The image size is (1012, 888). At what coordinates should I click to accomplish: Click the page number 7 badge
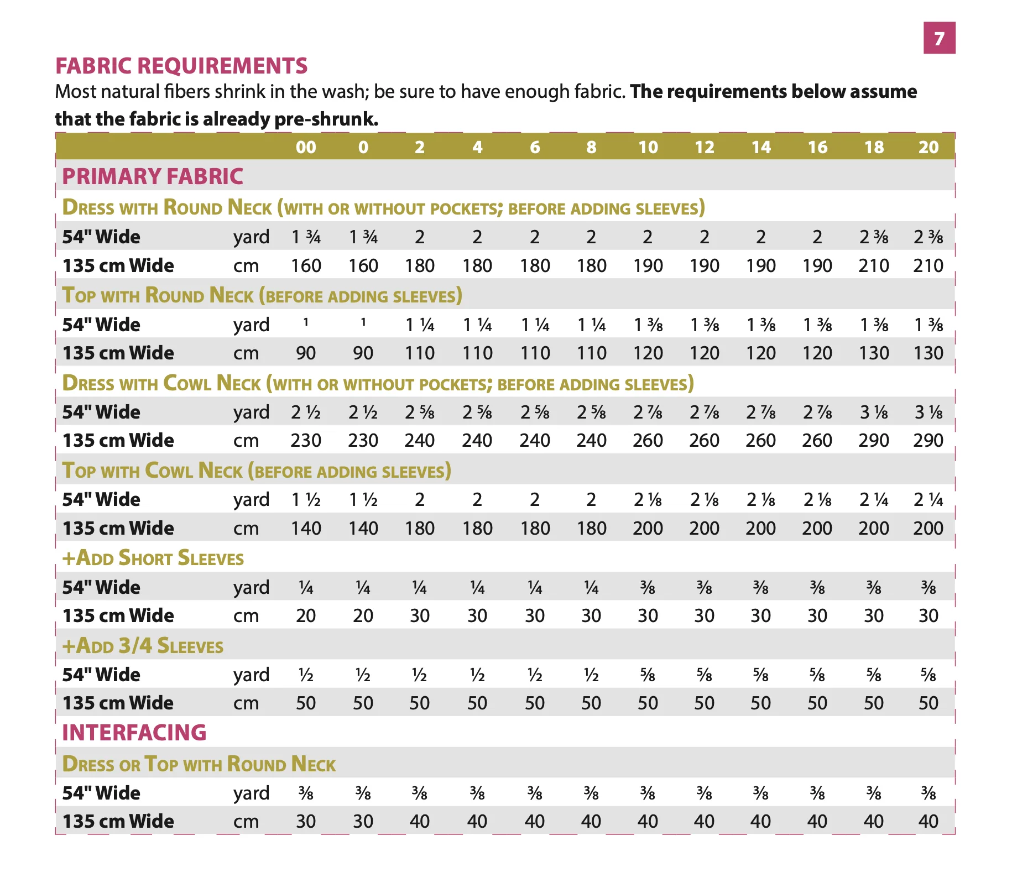939,38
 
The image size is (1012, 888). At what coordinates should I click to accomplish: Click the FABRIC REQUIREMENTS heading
181,66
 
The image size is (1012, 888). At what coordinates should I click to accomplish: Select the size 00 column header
306,147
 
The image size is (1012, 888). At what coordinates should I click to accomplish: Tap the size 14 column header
761,147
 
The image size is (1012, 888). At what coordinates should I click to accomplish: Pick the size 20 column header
928,147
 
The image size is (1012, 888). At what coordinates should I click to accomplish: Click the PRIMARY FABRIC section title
153,176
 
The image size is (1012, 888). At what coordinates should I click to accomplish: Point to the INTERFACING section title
134,733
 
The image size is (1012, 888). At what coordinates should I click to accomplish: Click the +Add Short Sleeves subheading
153,558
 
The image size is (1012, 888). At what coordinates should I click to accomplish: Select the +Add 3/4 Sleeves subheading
143,646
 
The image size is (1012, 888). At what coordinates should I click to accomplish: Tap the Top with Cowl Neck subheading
257,471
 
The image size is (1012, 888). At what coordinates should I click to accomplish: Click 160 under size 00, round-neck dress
306,265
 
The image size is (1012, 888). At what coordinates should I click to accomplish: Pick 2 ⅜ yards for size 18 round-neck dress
874,237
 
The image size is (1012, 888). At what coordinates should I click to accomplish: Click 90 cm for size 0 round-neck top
363,353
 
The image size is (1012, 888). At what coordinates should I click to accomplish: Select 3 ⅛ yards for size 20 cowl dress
928,412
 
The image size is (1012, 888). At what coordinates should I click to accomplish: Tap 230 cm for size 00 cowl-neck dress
306,440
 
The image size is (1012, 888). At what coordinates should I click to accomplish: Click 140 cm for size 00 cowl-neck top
306,528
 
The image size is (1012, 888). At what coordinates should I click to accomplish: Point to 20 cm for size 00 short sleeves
306,615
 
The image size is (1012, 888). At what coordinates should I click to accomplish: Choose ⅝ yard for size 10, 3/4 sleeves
648,675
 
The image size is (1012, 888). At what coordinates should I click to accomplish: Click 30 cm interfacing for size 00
306,821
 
